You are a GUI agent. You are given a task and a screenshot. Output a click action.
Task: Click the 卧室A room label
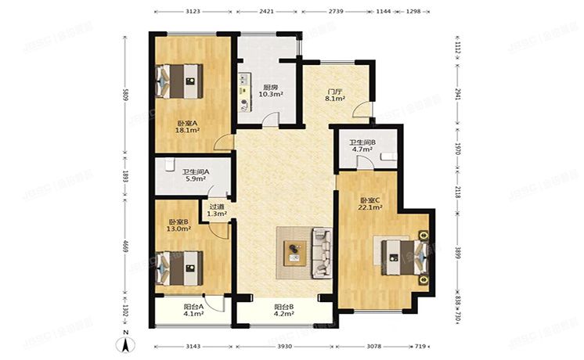186,128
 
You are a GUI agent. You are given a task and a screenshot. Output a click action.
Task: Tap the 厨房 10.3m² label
271,91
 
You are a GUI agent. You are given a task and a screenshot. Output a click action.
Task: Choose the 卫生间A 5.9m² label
194,175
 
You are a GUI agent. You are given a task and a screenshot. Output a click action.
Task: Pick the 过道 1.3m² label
217,211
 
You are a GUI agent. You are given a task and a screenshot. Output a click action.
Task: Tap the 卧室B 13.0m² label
179,226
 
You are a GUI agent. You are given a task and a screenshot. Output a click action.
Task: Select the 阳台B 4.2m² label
283,310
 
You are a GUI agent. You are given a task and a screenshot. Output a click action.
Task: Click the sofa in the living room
323,253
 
